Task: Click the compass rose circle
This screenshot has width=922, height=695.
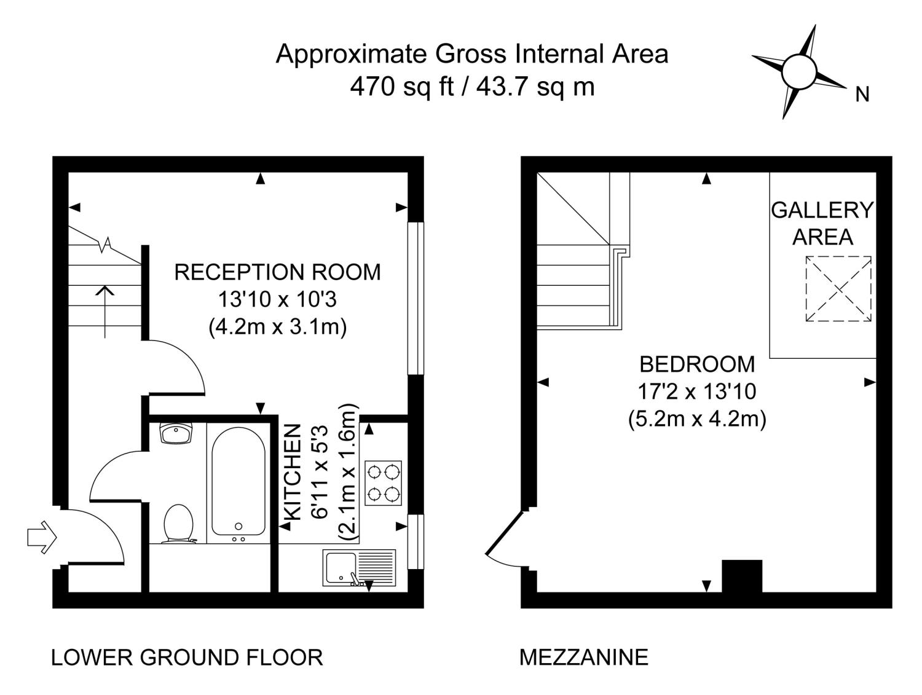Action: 798,72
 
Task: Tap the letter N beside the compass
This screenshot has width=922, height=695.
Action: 862,95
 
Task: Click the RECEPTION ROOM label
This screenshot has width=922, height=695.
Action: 277,272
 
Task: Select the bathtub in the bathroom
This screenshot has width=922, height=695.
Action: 238,486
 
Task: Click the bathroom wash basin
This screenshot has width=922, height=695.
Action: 176,433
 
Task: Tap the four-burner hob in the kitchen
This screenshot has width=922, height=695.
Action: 383,483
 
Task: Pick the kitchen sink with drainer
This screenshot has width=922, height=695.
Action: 359,567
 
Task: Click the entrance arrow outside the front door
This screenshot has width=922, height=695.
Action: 42,537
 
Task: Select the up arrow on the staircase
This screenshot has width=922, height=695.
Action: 104,311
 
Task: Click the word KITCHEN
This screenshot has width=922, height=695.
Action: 293,473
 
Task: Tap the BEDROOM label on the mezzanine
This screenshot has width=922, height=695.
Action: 697,364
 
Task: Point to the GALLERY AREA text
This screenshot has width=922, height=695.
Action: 822,224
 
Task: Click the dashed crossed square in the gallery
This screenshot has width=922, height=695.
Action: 838,289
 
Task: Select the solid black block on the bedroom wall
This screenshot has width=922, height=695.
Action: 741,576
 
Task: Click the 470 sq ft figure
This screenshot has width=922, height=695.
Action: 402,87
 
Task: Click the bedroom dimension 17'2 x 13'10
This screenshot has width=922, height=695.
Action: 697,392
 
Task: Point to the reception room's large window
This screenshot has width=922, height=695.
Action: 416,298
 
